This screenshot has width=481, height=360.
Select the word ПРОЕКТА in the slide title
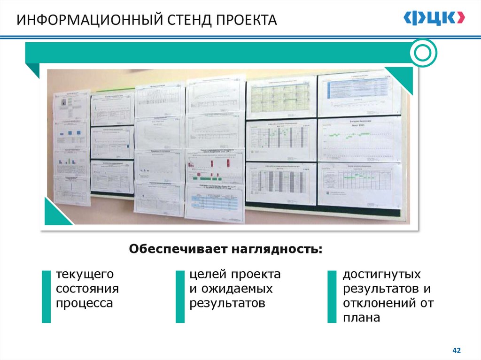247,20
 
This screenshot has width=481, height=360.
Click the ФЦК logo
434,18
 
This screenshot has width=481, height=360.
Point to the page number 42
456,350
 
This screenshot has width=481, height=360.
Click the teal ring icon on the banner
423,53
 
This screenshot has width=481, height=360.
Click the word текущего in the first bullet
85,274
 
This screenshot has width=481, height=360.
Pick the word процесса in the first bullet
85,303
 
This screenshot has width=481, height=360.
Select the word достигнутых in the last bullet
382,274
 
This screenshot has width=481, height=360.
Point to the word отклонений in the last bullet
378,303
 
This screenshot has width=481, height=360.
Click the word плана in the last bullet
361,317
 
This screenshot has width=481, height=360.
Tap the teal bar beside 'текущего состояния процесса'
46,296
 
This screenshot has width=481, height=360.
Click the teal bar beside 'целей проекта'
180,296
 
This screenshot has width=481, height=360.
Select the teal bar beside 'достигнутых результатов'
333,296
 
